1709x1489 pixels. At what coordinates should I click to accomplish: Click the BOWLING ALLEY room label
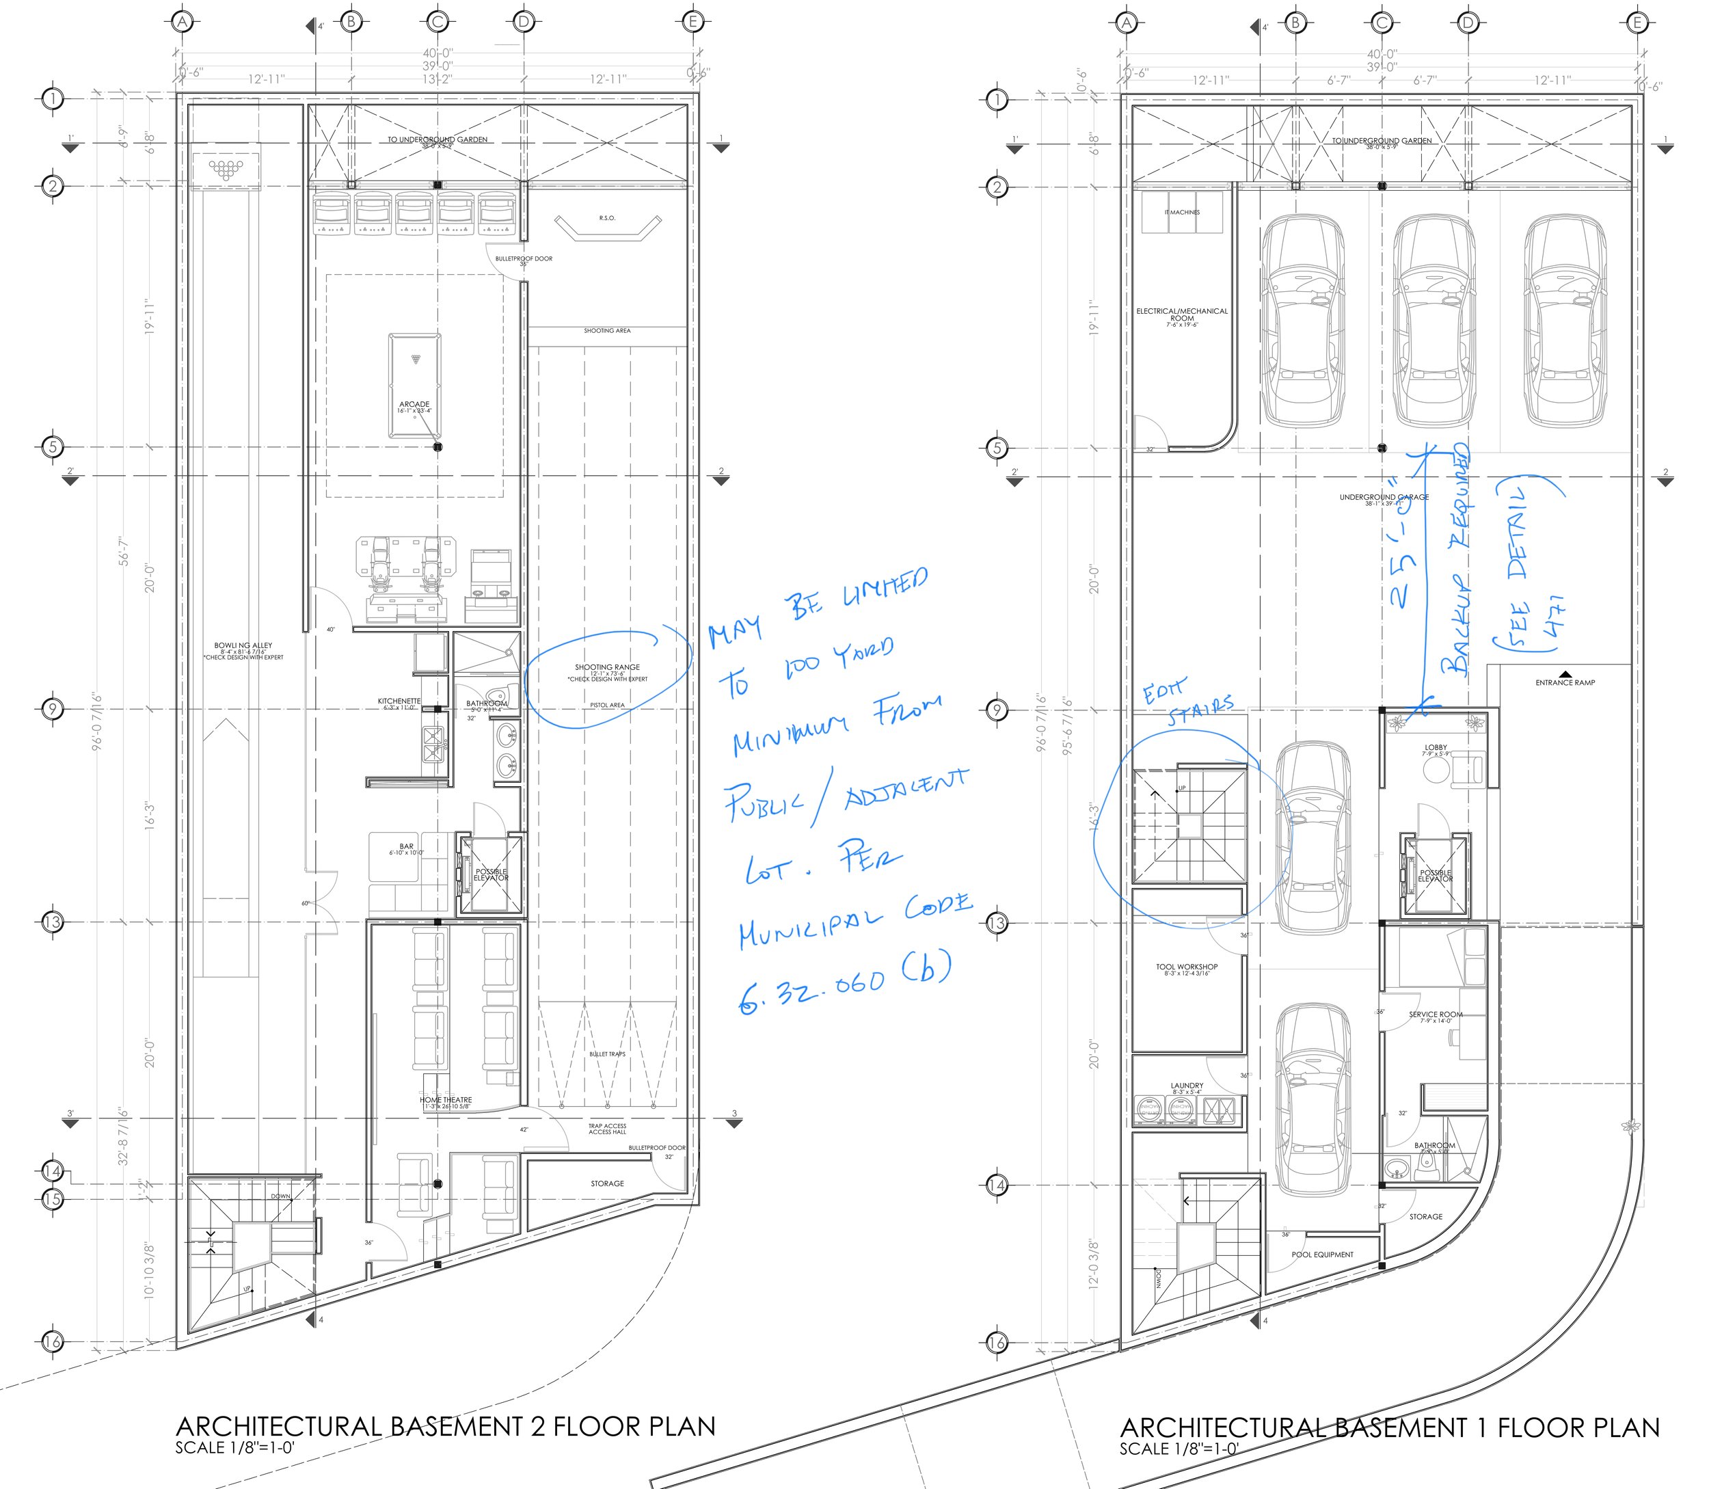pos(243,645)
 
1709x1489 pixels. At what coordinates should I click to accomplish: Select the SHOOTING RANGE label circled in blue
pos(607,667)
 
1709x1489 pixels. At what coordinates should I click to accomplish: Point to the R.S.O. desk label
pos(607,217)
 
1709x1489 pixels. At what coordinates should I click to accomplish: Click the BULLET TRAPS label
pos(607,1054)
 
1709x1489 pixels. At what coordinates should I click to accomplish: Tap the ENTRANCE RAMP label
pos(1565,682)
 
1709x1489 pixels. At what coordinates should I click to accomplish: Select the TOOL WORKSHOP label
pos(1187,967)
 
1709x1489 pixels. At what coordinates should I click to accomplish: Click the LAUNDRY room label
pos(1187,1085)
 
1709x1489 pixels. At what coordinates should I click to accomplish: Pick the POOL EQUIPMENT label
pos(1322,1255)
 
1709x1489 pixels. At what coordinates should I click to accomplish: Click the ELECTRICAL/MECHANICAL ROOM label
pos(1181,314)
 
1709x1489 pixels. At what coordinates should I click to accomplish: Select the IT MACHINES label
pos(1181,212)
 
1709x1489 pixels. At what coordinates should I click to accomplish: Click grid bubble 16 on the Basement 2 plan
pos(53,1341)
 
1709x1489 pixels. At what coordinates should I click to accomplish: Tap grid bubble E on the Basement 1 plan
pos(1637,23)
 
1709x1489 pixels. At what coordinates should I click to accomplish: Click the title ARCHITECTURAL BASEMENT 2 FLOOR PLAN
pos(445,1427)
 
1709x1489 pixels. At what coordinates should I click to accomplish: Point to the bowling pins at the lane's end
pos(225,169)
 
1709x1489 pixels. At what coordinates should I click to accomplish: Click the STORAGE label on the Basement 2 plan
pos(607,1183)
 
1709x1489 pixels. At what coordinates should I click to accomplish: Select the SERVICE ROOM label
pos(1435,1015)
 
